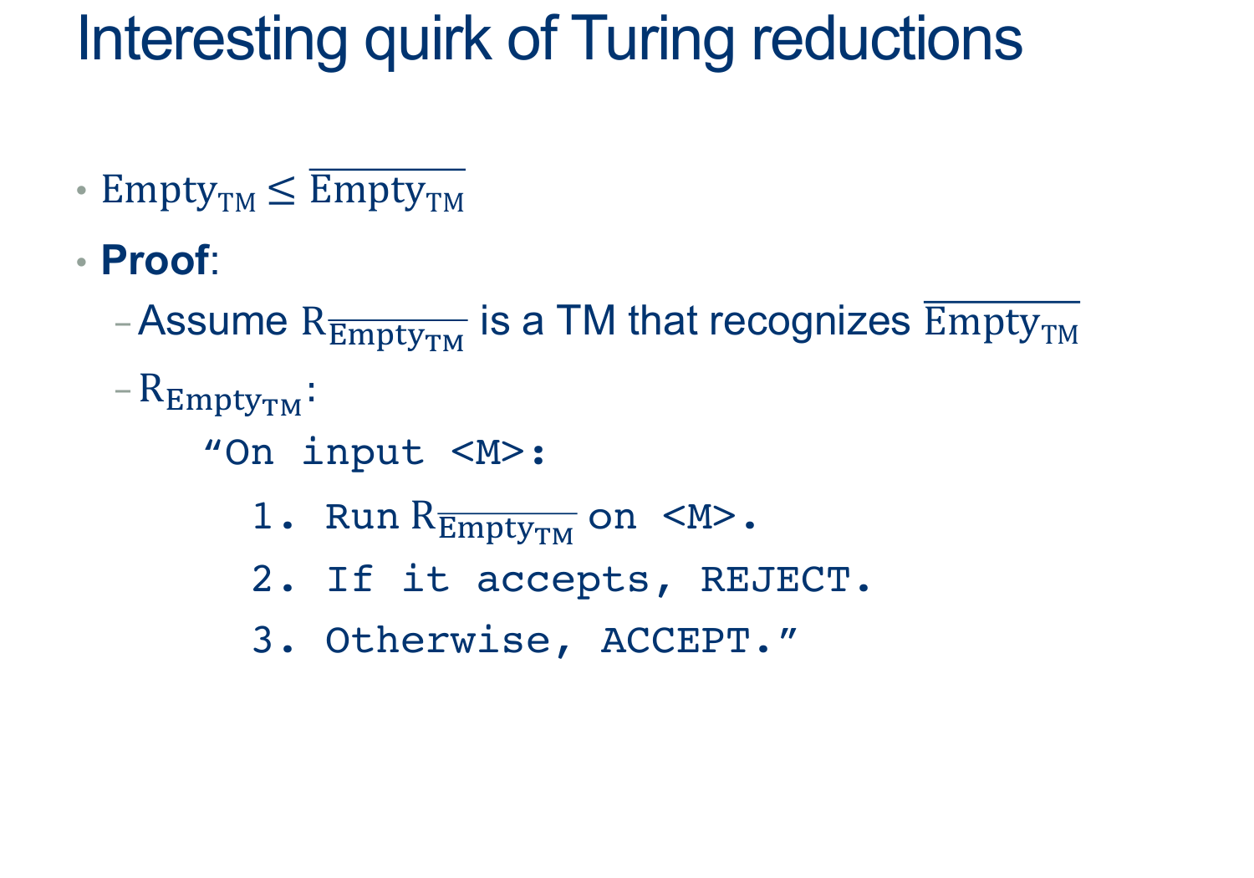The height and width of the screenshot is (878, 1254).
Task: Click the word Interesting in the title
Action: coord(212,40)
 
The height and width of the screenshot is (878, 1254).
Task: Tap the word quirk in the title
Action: coord(428,40)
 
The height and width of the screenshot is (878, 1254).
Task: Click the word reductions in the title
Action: coord(887,38)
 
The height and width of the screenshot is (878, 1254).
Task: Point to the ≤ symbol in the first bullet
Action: coord(281,191)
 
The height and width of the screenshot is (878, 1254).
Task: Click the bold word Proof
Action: coord(155,260)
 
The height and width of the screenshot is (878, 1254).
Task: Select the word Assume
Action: coord(212,321)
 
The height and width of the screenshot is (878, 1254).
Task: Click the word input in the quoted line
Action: coord(363,453)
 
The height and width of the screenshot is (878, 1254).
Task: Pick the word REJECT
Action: coord(776,579)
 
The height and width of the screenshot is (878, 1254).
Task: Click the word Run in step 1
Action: coord(362,517)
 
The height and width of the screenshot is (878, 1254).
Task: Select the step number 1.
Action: coord(263,516)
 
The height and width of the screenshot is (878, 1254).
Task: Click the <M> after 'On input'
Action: coord(488,453)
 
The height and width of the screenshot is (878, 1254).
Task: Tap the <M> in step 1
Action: coord(699,517)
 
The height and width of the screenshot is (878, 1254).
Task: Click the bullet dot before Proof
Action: coord(82,262)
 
